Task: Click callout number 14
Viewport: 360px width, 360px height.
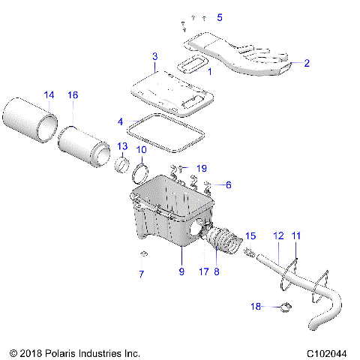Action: click(x=49, y=95)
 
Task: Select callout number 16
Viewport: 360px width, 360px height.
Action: click(x=73, y=95)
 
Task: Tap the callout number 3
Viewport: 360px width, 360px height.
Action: click(x=154, y=56)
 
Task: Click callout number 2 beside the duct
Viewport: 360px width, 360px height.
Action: click(x=306, y=64)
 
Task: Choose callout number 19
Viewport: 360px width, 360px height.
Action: click(x=201, y=167)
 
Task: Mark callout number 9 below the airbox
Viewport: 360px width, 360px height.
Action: click(x=181, y=272)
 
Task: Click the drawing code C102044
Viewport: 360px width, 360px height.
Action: click(x=327, y=352)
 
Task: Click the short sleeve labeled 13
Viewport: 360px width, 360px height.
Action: click(x=122, y=165)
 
